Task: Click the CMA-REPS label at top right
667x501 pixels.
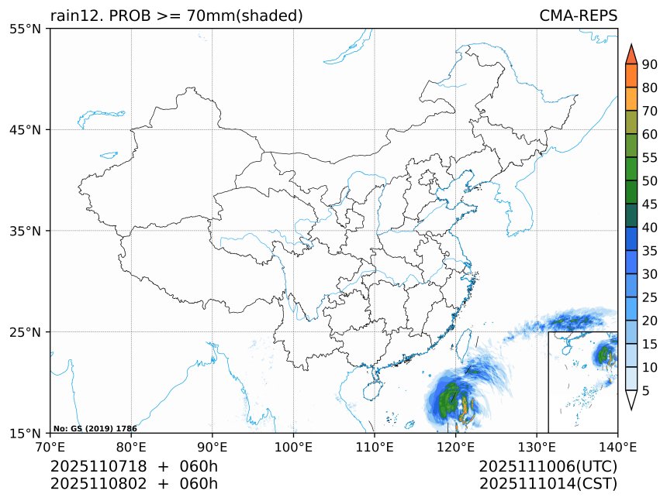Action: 578,16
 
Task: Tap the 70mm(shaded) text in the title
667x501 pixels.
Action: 247,16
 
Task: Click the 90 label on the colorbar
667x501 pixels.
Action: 650,64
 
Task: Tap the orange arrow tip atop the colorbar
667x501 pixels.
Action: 631,53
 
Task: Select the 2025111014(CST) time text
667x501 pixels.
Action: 548,484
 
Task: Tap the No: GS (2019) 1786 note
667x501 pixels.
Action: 95,428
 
